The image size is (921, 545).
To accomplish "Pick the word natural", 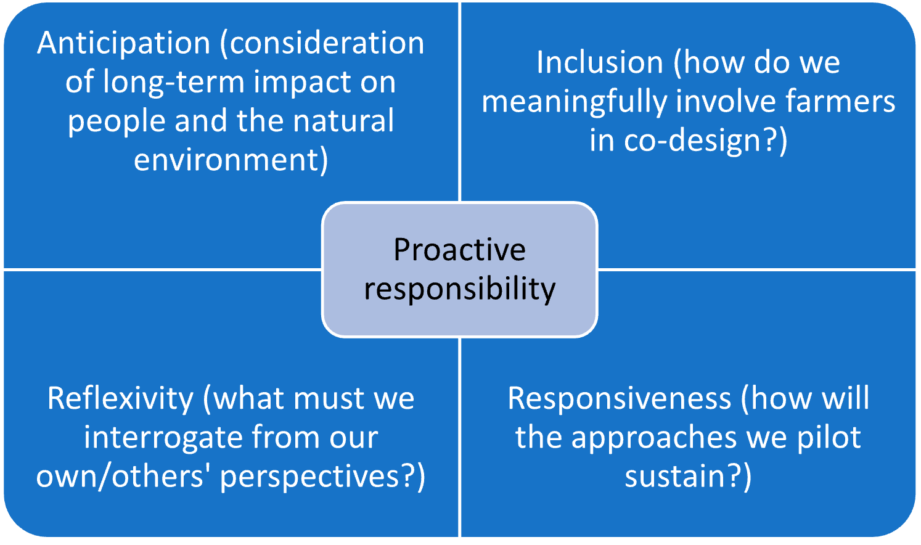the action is tap(343, 120).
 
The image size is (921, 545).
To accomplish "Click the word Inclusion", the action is tap(600, 62).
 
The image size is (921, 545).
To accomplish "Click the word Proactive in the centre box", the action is tap(460, 250).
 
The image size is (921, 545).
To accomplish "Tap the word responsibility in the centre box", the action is tap(460, 290).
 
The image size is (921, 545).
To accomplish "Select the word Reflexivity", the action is tap(120, 400).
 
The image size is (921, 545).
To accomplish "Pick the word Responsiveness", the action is tap(619, 400).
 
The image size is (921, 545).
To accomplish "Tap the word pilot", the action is tap(829, 436).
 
